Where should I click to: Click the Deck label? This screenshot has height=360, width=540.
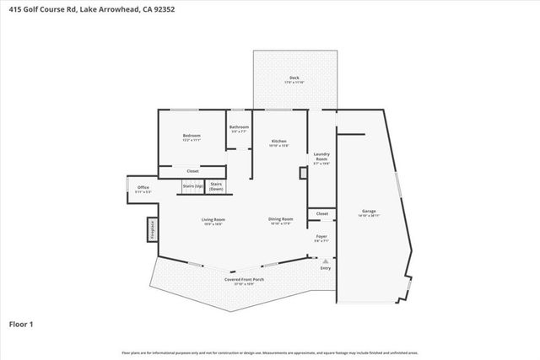click(294, 78)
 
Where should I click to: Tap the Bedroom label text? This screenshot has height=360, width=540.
click(192, 136)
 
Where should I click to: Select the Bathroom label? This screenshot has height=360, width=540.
click(239, 127)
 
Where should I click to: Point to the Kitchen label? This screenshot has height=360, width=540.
click(278, 141)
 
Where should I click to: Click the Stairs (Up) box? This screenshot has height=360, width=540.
click(192, 185)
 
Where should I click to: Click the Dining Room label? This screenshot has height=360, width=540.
click(280, 221)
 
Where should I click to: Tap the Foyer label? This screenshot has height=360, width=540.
click(321, 237)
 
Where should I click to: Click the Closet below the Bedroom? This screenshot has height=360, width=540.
click(192, 171)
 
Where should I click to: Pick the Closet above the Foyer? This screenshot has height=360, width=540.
click(321, 214)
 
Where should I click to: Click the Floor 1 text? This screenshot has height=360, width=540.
click(20, 323)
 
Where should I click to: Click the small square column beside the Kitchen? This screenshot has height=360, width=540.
click(303, 173)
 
